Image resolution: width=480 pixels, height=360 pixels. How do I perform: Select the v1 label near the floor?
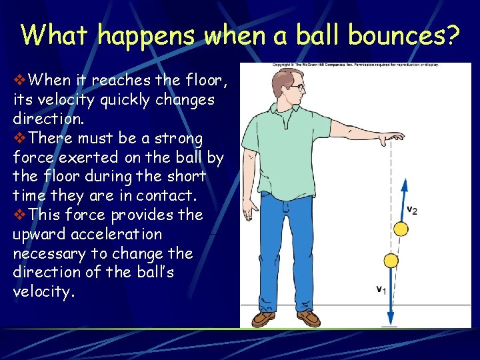380,289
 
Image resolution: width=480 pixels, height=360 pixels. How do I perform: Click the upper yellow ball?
401,229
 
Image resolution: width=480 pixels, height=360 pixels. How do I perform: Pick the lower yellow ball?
391,260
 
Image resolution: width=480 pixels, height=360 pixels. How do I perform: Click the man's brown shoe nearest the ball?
307,319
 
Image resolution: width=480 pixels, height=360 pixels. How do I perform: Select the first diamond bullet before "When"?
19,81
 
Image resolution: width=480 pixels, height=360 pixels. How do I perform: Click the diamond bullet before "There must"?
19,139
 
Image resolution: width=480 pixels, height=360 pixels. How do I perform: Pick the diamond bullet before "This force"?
19,215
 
